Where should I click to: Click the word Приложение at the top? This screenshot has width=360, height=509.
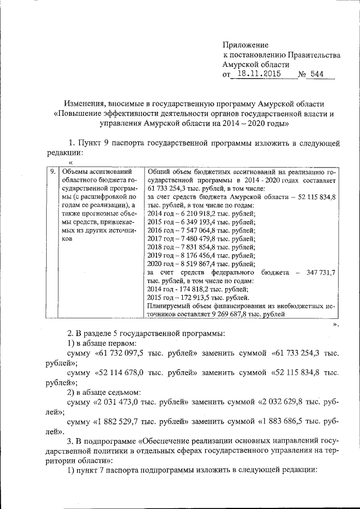pyautogui.click(x=246, y=44)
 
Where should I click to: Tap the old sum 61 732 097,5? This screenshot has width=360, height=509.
pyautogui.click(x=127, y=353)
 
